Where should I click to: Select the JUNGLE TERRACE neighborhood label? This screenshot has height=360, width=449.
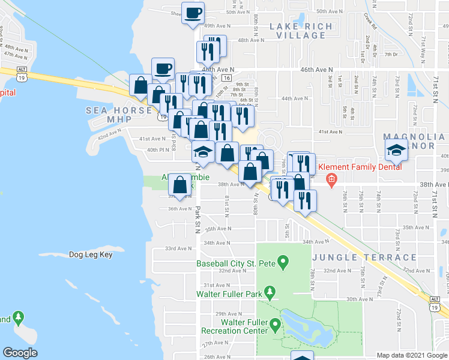[x=364, y=257]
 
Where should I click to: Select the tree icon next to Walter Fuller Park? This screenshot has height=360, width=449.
[x=270, y=293]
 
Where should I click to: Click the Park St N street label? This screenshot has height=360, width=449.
[x=197, y=219]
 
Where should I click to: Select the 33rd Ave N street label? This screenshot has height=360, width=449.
[x=178, y=248]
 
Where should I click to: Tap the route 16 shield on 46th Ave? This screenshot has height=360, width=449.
[x=226, y=78]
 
